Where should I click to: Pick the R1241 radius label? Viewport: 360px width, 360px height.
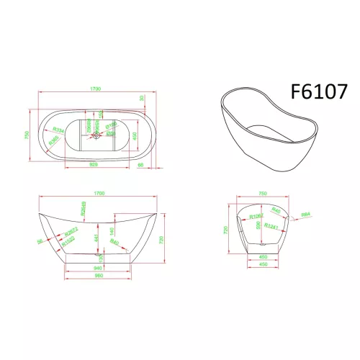point(271,227)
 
